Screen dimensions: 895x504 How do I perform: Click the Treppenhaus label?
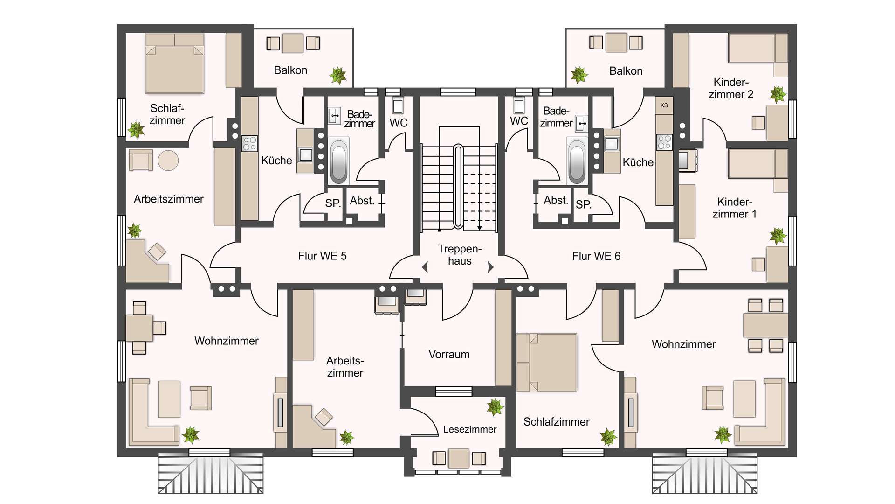coord(460,255)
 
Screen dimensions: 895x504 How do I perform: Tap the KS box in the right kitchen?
coord(664,105)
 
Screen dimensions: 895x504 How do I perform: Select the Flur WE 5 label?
coord(322,256)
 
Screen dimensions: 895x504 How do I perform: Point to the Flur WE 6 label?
coord(596,256)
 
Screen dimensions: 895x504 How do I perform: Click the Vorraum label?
coord(449,354)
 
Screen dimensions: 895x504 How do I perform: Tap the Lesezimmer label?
coord(469,429)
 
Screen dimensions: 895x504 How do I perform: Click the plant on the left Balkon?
coord(338,75)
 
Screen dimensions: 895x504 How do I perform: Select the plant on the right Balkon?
coord(579,75)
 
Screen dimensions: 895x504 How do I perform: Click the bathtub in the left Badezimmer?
coord(339,161)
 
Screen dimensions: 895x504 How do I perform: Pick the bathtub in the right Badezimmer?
coord(577,161)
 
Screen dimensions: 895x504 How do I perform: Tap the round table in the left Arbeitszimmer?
coord(168,161)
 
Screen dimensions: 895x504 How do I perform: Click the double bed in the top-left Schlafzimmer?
coord(174,63)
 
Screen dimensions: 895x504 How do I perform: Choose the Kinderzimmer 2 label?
coord(731,88)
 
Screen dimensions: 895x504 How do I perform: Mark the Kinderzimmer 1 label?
coord(735,208)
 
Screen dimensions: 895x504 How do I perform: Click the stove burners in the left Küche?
coord(249,144)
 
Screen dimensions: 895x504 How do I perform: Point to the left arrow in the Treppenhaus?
coord(425,267)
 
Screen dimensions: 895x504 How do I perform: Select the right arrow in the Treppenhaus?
coord(490,267)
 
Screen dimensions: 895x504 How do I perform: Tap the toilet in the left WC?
coord(398,105)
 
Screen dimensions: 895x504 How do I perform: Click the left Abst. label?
coord(362,201)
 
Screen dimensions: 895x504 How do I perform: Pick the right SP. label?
coord(584,204)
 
